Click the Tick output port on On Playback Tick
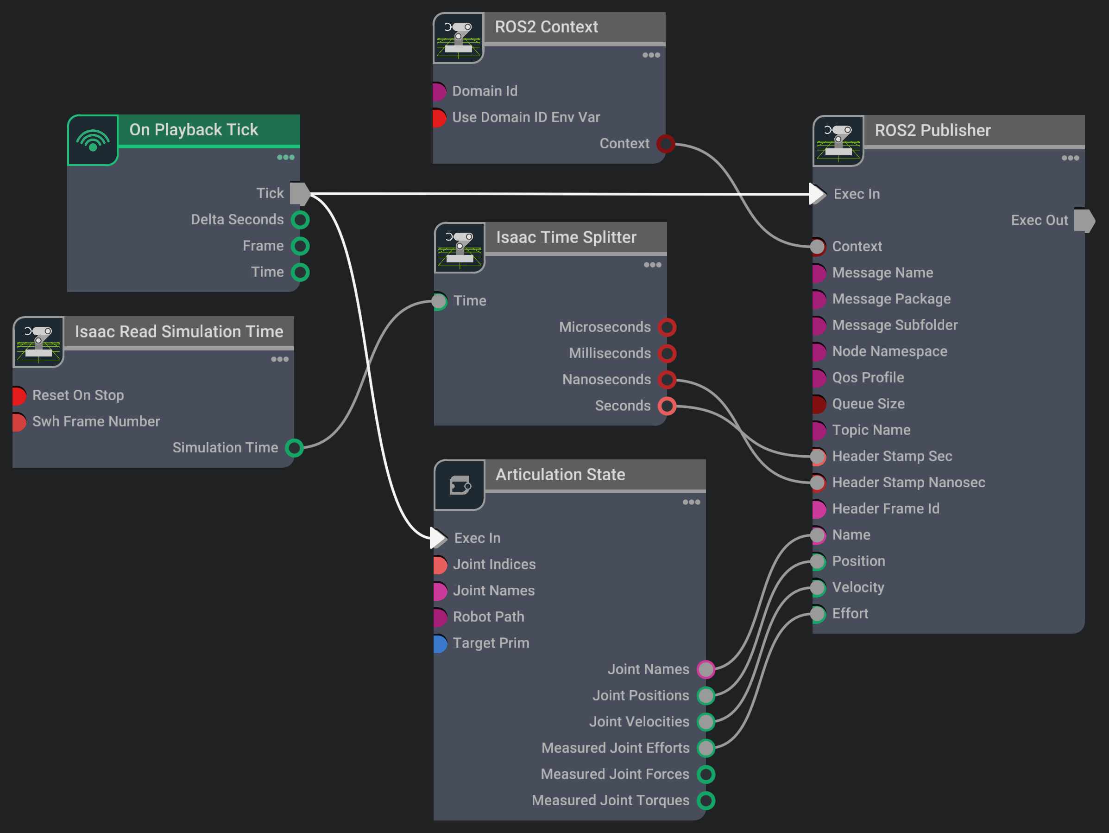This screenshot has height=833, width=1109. point(300,193)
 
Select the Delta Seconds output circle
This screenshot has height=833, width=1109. point(300,220)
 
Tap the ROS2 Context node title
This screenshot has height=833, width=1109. point(546,26)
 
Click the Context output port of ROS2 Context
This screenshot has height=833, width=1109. point(666,144)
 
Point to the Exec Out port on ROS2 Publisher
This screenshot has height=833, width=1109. point(1084,220)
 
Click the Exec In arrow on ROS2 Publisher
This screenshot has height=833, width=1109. point(817,194)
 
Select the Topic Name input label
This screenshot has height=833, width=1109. point(871,430)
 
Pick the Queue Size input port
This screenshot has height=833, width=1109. point(818,404)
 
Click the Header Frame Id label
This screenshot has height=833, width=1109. point(885,509)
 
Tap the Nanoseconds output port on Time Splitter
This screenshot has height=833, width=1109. point(667,380)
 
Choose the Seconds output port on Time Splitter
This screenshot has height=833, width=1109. point(667,406)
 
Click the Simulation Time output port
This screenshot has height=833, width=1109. point(294,448)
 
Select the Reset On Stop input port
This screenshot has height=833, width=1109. point(19,395)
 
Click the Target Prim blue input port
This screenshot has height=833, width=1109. point(440,643)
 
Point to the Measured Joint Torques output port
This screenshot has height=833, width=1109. point(706,801)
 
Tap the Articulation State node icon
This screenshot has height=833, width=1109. point(459,485)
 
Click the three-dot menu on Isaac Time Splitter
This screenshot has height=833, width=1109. point(652,265)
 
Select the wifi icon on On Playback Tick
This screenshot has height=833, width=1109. point(93,140)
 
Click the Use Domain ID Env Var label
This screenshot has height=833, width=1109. point(525,117)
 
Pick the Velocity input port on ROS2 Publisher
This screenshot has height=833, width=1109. point(818,588)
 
